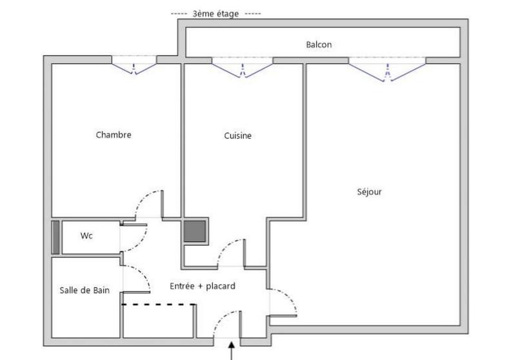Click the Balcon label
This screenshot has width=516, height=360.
point(319,45)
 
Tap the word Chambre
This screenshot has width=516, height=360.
point(114,135)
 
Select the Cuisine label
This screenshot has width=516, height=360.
point(237,135)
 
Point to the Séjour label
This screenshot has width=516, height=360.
point(369,192)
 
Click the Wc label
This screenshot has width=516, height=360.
point(86,235)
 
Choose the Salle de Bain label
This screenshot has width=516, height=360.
point(84,290)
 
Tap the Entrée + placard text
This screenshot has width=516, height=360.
point(202,286)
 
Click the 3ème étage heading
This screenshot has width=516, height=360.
point(216,14)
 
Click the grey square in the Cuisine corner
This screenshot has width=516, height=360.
point(194,231)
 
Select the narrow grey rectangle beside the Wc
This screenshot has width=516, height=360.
point(55,237)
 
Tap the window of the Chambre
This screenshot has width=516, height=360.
point(135,65)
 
